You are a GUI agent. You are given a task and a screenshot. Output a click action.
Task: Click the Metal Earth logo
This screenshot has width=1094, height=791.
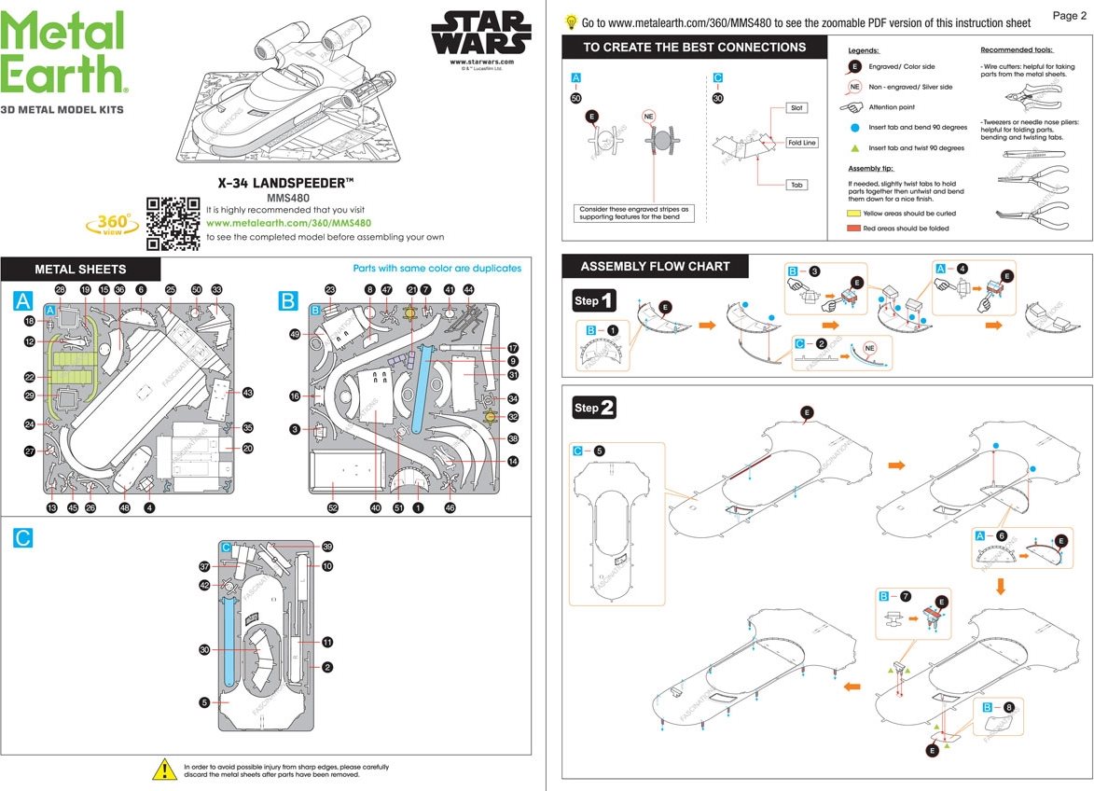click(x=63, y=52)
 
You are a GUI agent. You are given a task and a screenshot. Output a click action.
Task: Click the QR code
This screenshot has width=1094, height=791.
click(x=173, y=224)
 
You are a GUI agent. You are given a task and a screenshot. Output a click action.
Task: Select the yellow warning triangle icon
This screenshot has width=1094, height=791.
click(x=164, y=770)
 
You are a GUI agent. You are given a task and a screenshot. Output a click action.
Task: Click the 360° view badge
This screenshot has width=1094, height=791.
click(x=114, y=224)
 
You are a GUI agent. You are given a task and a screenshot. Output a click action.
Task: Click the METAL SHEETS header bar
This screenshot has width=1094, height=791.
click(x=80, y=270)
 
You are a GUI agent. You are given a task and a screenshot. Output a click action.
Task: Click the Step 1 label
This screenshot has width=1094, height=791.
click(x=594, y=300)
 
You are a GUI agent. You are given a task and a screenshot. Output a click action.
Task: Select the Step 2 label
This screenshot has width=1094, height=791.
click(x=594, y=408)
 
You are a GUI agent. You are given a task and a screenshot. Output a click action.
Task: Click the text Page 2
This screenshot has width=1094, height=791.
click(x=1070, y=16)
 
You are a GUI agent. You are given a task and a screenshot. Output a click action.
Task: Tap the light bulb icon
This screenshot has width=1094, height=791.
click(x=571, y=21)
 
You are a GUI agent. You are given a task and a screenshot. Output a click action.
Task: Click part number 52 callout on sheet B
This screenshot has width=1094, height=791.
click(x=333, y=508)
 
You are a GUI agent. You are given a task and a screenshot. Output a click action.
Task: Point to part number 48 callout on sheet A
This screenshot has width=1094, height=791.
click(x=124, y=508)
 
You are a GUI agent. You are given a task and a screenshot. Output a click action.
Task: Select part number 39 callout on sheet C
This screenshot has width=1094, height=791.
click(x=327, y=547)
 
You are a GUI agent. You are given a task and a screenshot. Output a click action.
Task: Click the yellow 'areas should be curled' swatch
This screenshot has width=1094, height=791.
click(x=853, y=214)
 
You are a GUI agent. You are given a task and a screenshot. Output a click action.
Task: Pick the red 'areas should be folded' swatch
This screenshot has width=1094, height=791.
click(x=853, y=229)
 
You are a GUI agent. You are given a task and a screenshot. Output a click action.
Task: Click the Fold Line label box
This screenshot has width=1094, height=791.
click(x=801, y=143)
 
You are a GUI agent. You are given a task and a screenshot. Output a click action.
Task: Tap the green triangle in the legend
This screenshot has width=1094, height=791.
click(x=854, y=148)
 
